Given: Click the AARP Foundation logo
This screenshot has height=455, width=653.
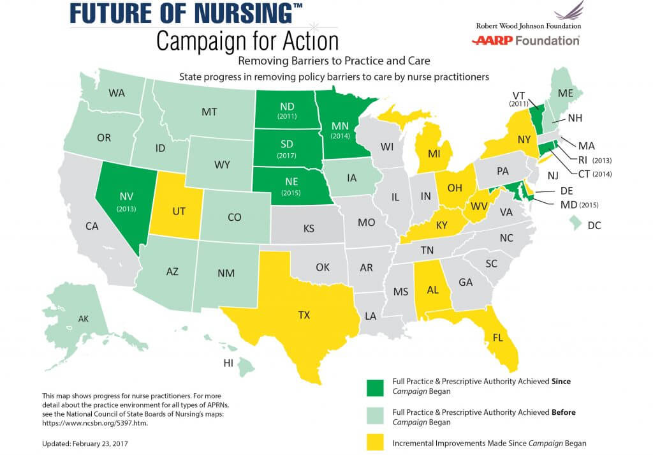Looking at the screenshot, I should click(x=525, y=41).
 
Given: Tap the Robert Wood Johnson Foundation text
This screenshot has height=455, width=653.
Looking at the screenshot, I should click(x=528, y=26).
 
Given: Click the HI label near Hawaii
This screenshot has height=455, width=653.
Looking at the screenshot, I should click(x=228, y=362).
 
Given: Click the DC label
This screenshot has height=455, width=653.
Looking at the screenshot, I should click(x=613, y=225).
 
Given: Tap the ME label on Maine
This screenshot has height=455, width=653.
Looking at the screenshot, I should click(x=564, y=93).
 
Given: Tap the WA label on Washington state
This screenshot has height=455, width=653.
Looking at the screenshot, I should click(x=117, y=93).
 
